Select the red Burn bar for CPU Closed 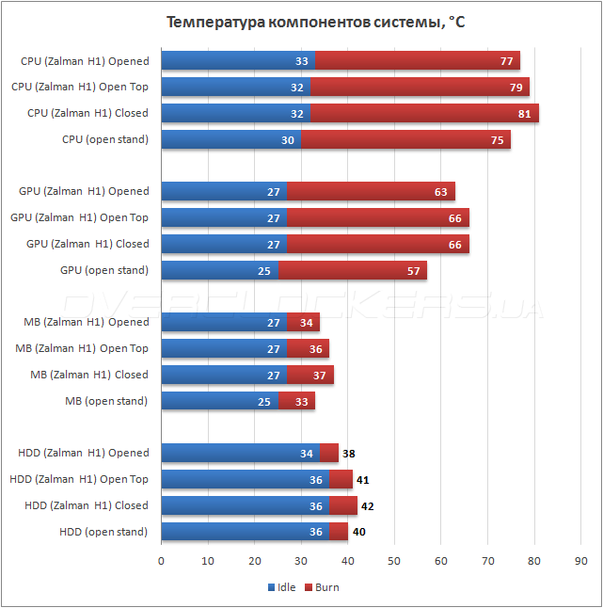423,113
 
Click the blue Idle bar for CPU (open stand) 230,139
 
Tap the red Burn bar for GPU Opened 371,191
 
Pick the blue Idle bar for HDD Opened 240,453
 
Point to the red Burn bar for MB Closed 310,375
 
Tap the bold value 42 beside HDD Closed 368,505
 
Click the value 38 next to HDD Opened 349,453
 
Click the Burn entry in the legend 322,587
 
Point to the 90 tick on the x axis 580,561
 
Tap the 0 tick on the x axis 162,561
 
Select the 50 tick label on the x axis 394,561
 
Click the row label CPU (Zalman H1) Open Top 80,87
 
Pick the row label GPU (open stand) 104,270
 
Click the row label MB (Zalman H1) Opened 87,322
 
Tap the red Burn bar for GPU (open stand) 353,270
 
